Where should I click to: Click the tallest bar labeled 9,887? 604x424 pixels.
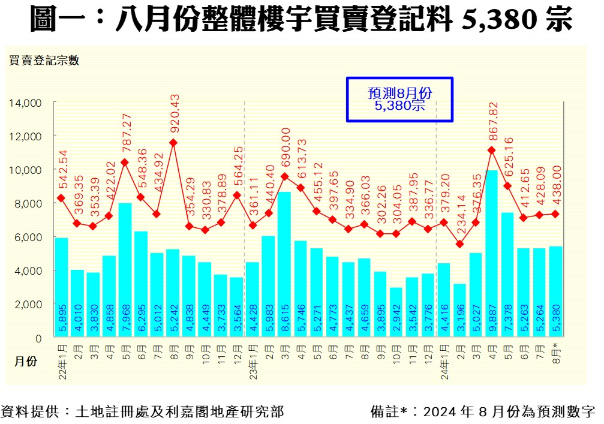point(492,252)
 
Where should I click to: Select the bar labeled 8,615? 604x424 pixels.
point(284,264)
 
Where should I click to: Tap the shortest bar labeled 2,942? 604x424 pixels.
point(396,312)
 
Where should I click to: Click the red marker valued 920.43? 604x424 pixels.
point(173,143)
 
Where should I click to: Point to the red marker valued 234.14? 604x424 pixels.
point(460,244)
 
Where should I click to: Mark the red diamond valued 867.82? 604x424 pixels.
point(492,151)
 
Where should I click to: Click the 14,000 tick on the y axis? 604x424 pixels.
point(25,103)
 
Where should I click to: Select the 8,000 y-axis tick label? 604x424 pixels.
point(27,204)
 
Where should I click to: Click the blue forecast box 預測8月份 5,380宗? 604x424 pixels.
point(399,100)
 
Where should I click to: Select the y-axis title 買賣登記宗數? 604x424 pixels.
point(43,60)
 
